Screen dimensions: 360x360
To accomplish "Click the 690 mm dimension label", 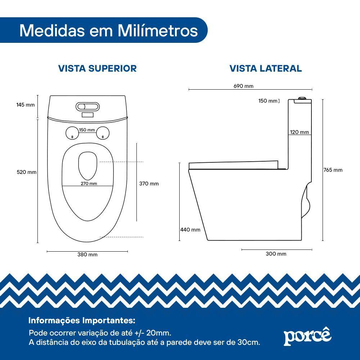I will tap(244, 86).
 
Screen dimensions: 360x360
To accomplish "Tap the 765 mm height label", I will tap(333, 170).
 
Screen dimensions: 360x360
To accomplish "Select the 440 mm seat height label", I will tap(190, 230).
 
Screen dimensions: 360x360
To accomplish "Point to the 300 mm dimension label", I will tap(276, 254).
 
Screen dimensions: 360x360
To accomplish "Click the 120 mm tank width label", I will tap(300, 132).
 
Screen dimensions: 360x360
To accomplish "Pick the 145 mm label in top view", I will tap(26, 105).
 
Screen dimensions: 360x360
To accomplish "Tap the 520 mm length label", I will tap(27, 172).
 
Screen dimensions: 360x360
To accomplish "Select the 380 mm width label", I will tap(87, 255).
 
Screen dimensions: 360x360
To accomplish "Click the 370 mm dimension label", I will tap(149, 184).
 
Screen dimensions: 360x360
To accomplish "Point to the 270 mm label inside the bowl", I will tap(89, 184).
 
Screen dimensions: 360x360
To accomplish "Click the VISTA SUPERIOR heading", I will tap(98, 68).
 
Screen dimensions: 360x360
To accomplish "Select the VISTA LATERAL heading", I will tap(266, 68).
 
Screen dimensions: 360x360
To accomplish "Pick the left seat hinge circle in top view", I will tap(72, 133).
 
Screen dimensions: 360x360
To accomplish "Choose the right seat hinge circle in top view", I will tap(103, 133).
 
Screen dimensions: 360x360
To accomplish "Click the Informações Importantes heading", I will tap(82, 320).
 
